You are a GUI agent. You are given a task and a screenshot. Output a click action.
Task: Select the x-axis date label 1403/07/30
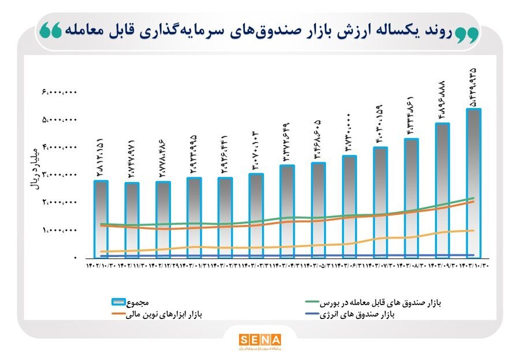click(x=380, y=266)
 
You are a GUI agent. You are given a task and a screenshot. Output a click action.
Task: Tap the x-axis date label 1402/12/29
click(x=163, y=266)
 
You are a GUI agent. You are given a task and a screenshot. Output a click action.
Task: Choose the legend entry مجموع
click(x=139, y=302)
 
